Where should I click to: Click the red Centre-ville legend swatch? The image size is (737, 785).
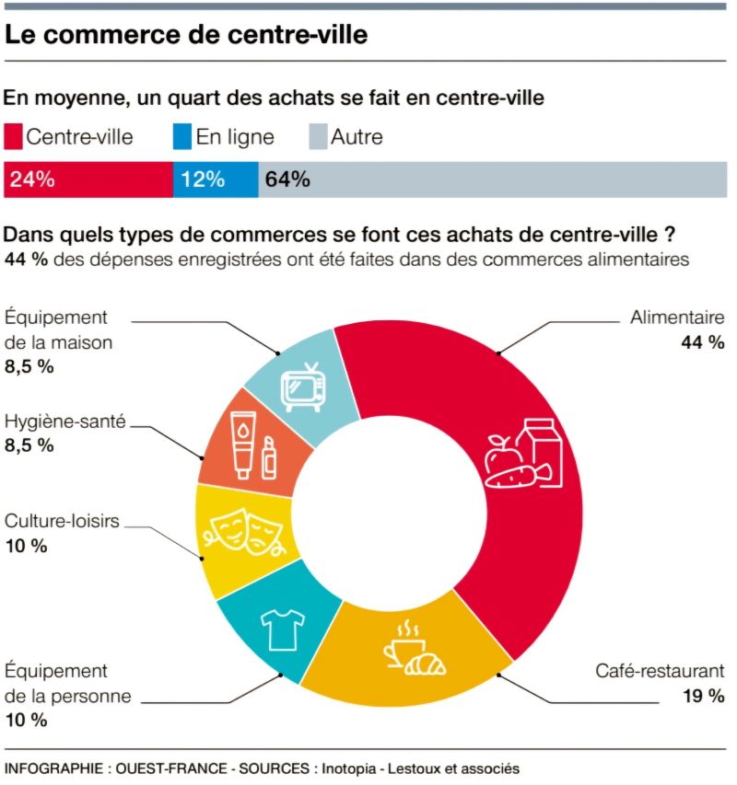(14, 137)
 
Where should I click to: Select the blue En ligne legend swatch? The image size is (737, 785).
(182, 137)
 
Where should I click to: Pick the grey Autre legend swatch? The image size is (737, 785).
(315, 137)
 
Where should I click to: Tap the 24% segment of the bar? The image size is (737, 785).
(88, 179)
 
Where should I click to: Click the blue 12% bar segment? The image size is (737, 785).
(216, 179)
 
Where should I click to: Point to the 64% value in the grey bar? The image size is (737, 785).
(287, 179)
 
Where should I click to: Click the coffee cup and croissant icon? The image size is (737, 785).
(411, 651)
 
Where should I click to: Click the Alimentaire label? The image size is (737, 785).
(677, 318)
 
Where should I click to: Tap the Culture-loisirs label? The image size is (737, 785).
(62, 522)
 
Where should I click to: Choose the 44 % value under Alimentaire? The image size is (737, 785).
(704, 343)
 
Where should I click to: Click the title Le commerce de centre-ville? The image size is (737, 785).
(186, 35)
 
